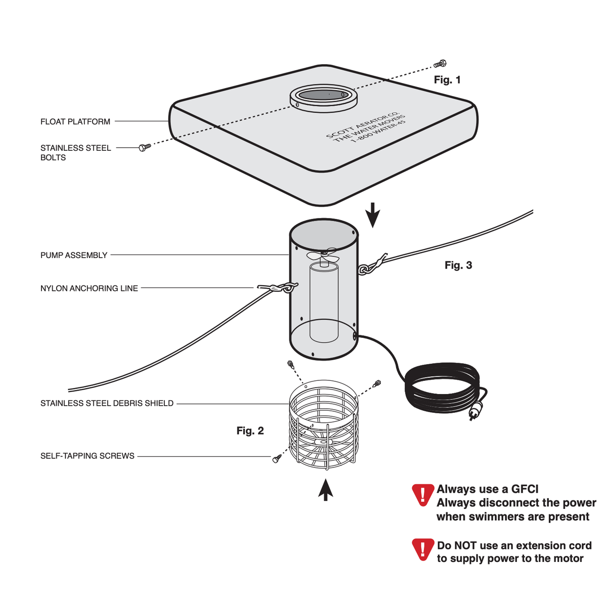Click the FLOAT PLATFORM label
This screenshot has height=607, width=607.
[x=75, y=121]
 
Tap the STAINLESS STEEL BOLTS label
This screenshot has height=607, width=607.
[x=75, y=153]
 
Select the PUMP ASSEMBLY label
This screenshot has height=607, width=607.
[x=74, y=255]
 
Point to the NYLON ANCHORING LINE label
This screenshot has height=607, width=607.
[x=89, y=288]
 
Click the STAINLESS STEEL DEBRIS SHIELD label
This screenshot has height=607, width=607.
[x=107, y=403]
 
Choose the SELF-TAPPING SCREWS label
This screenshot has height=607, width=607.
[x=87, y=456]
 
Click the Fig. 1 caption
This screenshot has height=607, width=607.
[x=447, y=80]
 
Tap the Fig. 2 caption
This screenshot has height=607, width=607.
[x=250, y=430]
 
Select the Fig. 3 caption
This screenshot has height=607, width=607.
[x=458, y=265]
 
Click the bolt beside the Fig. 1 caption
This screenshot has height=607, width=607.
[x=440, y=64]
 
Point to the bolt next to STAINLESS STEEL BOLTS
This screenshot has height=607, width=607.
[x=145, y=147]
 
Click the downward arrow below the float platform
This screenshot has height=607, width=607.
[x=373, y=215]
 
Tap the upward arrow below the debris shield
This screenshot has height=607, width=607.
[x=325, y=490]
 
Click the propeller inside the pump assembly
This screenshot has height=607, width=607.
[x=323, y=255]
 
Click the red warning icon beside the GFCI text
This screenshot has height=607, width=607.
[x=423, y=495]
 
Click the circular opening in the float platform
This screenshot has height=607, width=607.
[x=324, y=95]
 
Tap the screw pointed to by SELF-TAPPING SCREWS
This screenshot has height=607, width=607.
[x=277, y=458]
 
